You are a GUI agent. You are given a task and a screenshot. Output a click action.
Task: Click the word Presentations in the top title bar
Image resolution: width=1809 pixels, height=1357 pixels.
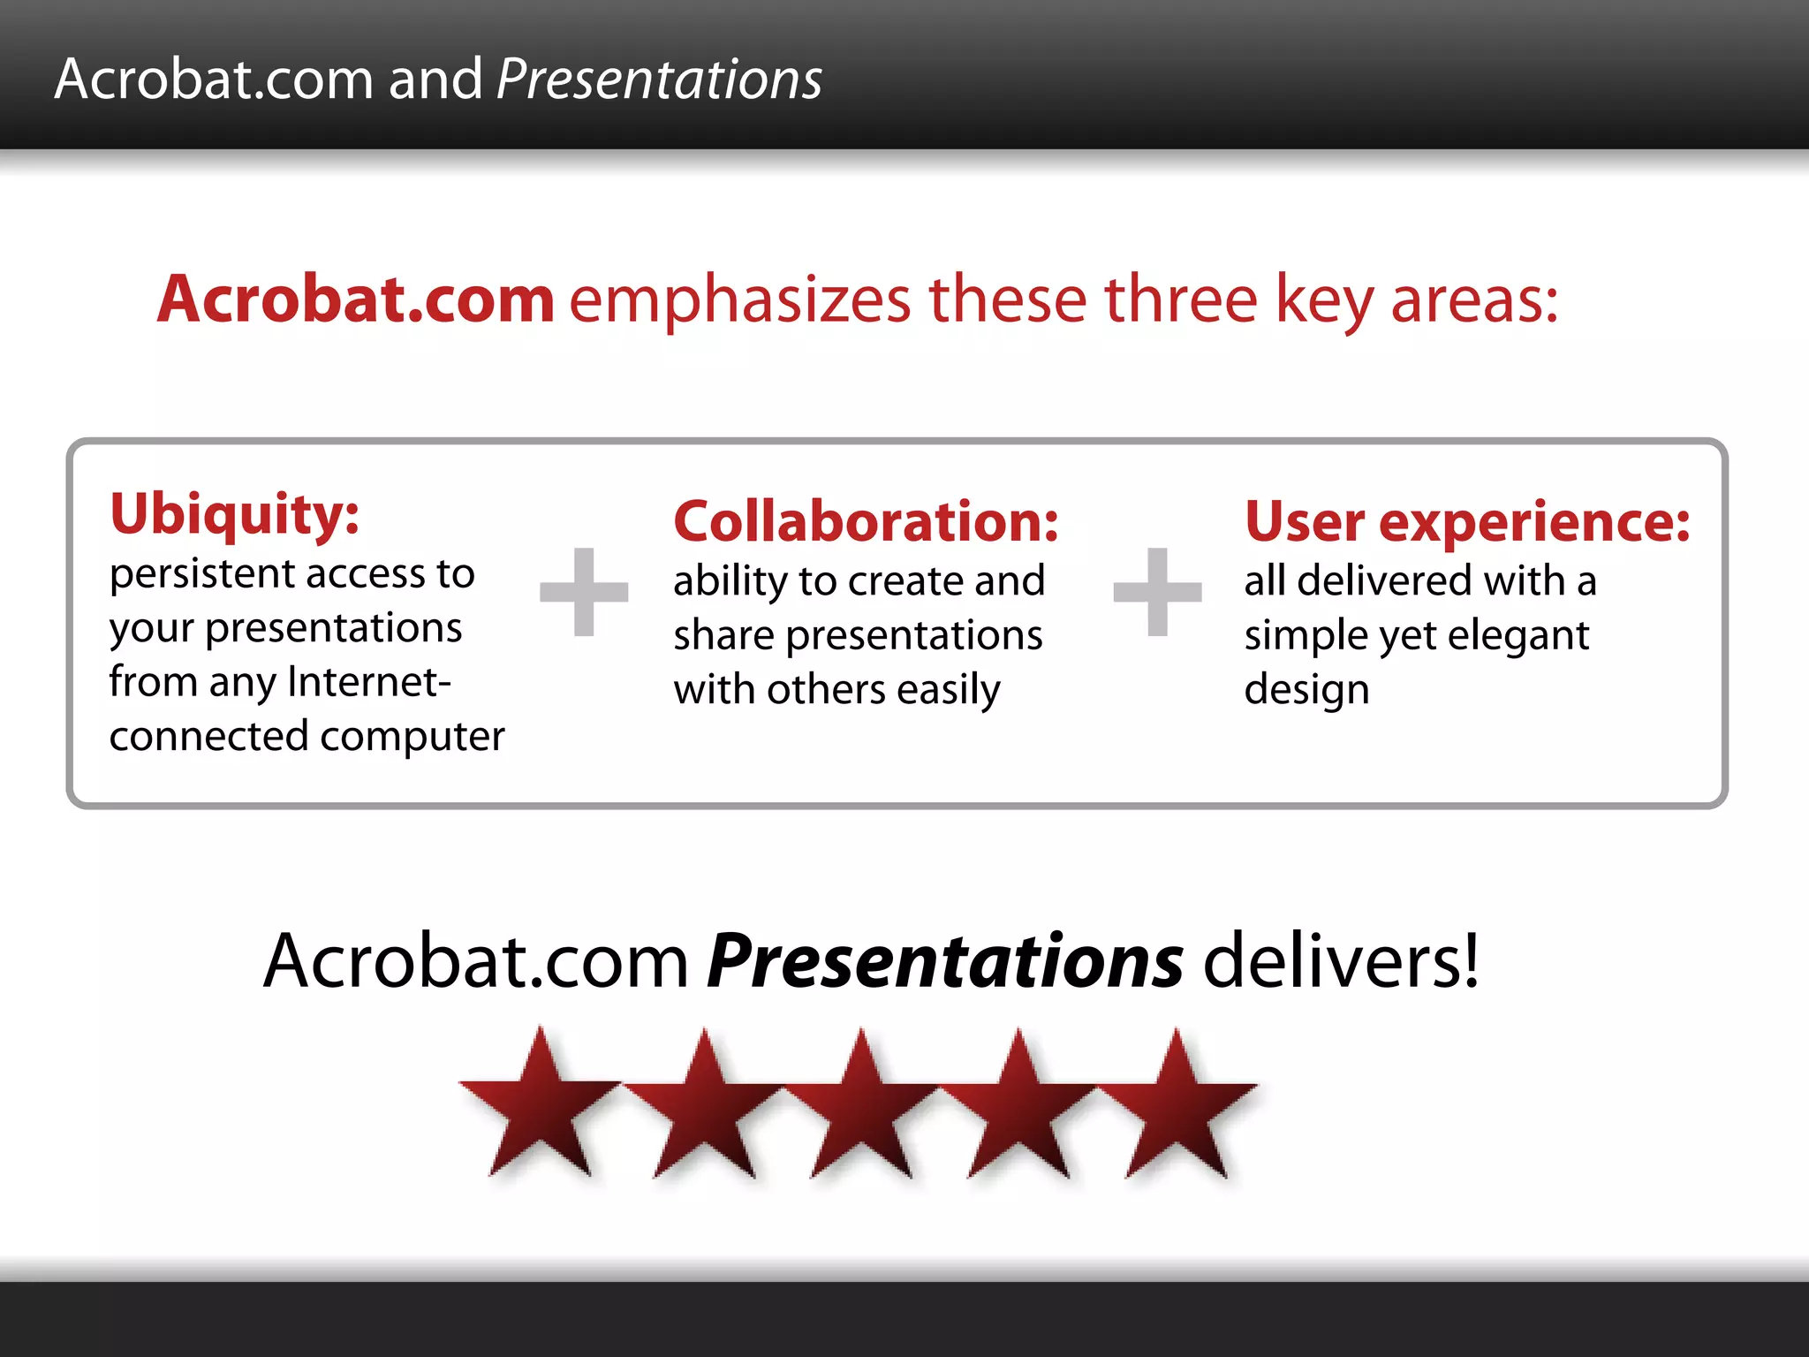click(x=659, y=80)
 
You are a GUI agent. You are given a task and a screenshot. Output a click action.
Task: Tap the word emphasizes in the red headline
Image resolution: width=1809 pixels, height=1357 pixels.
click(x=739, y=300)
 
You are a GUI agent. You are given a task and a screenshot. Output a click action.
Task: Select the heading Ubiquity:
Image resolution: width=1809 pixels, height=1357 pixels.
click(x=234, y=514)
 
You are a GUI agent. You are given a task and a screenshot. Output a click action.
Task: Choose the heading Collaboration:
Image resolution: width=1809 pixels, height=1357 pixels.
click(x=866, y=521)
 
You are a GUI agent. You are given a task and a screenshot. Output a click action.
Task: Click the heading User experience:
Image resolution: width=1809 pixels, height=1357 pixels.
click(x=1466, y=521)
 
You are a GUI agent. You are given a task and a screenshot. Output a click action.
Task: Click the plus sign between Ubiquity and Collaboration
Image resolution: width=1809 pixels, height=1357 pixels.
click(x=584, y=591)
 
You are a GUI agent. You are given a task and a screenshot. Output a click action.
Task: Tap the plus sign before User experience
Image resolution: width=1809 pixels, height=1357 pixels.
click(x=1157, y=591)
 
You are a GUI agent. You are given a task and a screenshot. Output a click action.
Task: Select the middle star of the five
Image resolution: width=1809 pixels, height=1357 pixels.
click(x=861, y=1109)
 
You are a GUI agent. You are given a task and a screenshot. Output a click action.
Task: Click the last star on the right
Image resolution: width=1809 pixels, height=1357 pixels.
click(x=1177, y=1109)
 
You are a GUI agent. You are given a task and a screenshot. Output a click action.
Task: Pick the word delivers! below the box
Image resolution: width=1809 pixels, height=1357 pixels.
click(x=1341, y=961)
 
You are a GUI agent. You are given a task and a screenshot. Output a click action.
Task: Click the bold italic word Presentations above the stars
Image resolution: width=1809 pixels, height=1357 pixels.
click(x=945, y=961)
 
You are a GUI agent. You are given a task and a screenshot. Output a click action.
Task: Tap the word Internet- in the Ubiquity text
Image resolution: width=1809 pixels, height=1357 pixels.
click(x=369, y=682)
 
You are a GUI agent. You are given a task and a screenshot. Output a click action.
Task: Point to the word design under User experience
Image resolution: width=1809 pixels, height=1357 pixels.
click(x=1306, y=690)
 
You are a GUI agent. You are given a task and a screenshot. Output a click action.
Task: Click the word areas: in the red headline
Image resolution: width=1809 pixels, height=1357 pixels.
click(x=1473, y=300)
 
